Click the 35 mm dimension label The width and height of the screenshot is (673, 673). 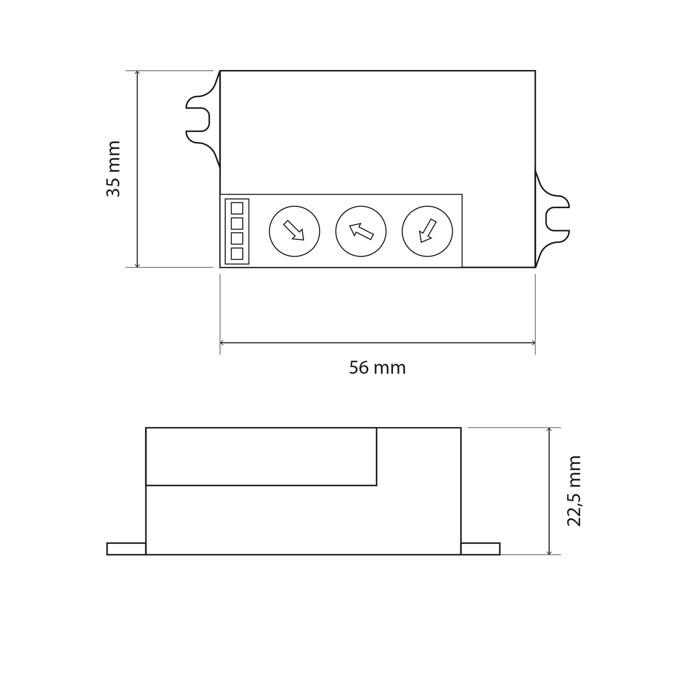pyautogui.click(x=114, y=169)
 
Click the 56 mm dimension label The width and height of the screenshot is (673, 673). pyautogui.click(x=377, y=368)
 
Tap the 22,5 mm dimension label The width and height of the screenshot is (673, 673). pyautogui.click(x=574, y=490)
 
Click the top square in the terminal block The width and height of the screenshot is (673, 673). pyautogui.click(x=237, y=208)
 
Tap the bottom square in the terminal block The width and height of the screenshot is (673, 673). pyautogui.click(x=237, y=253)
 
